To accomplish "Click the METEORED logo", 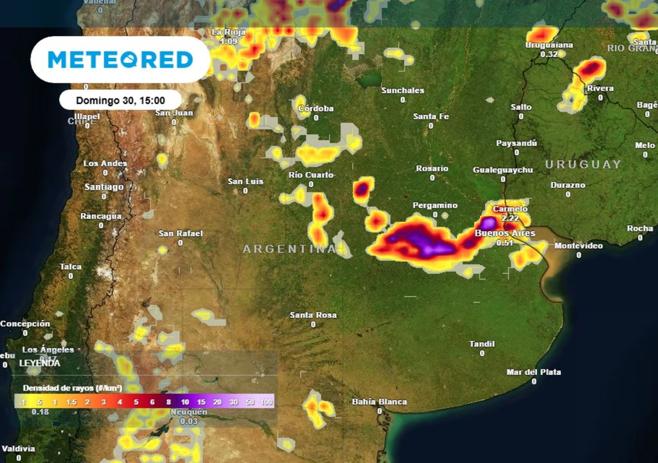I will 120,60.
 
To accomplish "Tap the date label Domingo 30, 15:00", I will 120,100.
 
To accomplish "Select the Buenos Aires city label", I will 504,233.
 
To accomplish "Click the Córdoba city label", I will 316,109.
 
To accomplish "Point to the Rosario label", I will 432,168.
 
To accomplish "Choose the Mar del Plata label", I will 533,372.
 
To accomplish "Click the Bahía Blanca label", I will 379,402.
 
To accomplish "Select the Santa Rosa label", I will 313,315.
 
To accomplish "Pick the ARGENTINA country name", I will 289,249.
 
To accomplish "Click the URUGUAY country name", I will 583,165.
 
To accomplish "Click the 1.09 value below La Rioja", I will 228,41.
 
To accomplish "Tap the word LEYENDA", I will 40,363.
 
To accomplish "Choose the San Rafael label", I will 181,233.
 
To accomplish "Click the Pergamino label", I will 435,206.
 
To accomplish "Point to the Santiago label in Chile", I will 103,187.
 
